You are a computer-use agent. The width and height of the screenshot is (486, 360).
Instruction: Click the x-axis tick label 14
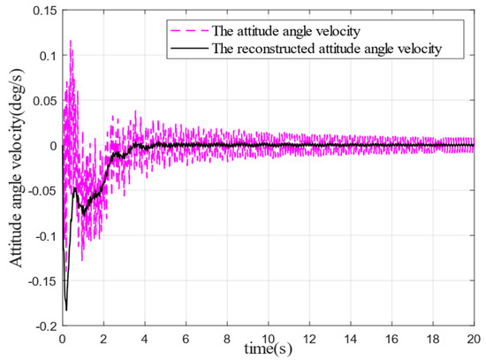point(352,338)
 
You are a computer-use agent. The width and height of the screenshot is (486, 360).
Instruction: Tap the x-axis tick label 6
point(186,338)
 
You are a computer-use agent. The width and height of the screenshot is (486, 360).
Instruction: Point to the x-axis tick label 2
point(103,338)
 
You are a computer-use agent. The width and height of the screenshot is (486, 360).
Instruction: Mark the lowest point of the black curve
point(66,310)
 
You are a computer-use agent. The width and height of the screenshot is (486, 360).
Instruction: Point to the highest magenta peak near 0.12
point(71,41)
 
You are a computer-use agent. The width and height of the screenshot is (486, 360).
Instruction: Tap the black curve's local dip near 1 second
point(84,213)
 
